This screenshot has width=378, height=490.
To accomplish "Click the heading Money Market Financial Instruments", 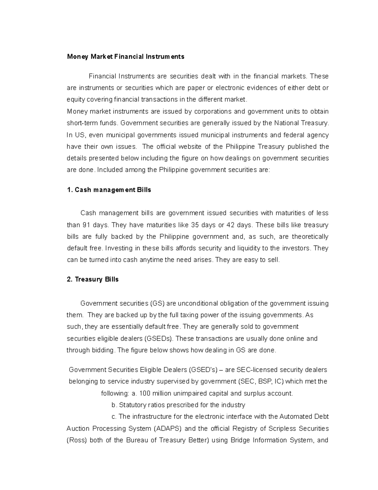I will [x=125, y=57].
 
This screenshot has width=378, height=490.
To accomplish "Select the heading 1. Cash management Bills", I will [x=109, y=190].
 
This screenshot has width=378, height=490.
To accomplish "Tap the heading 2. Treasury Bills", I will [x=93, y=280].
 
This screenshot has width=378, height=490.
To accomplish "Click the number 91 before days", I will [x=86, y=225].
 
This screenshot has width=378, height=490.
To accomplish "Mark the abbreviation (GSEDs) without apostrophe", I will [x=158, y=339].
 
